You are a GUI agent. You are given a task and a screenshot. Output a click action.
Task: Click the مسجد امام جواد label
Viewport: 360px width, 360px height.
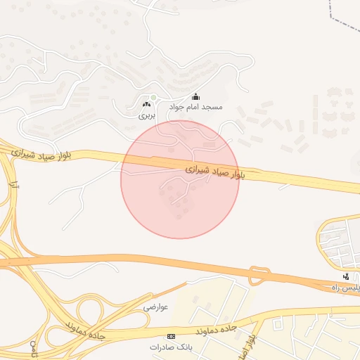(x=195, y=108)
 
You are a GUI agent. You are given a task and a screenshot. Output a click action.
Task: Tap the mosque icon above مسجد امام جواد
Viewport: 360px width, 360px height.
(x=195, y=97)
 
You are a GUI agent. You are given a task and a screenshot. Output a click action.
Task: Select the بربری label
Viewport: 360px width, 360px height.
(x=145, y=113)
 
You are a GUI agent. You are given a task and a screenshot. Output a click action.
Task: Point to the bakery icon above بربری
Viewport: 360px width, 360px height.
(x=146, y=104)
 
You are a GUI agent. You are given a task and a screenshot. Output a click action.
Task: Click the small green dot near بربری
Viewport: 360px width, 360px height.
(x=153, y=97)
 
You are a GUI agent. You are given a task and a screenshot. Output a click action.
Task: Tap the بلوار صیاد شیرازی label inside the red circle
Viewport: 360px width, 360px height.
(x=217, y=172)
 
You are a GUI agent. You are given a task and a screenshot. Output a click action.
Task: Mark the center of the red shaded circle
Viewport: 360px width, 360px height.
(x=180, y=179)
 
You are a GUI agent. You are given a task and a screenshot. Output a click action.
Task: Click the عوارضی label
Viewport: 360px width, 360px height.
(x=156, y=307)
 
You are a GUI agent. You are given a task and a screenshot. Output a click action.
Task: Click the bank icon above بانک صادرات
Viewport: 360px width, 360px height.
(x=172, y=337)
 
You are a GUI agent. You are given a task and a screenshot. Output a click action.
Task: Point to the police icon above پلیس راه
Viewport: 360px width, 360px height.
(x=345, y=276)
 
